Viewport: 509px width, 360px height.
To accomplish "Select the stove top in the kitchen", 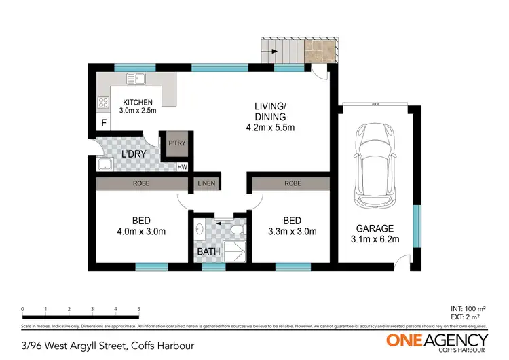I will [105, 103].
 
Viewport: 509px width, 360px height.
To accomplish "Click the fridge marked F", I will [104, 124].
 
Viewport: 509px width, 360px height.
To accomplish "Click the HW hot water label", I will [182, 167].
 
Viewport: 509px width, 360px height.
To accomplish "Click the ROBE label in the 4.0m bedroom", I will [142, 183].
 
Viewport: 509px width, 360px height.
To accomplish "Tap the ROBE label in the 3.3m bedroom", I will [293, 183].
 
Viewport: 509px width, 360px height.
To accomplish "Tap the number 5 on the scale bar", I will [139, 309].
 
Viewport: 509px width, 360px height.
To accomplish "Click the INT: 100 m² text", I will [470, 310].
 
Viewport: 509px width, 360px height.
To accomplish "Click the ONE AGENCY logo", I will [437, 340].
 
